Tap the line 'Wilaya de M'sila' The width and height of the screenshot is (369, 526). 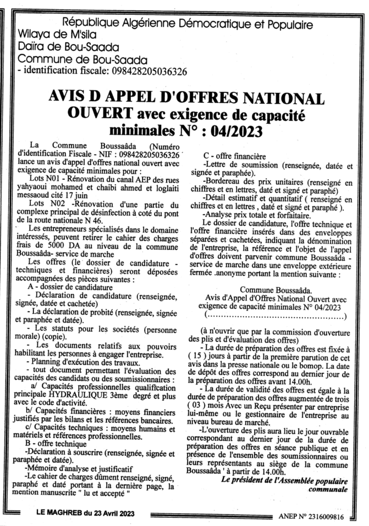(57, 35)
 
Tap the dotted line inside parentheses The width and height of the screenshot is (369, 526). (275, 315)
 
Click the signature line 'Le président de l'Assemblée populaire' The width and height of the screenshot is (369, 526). (284, 481)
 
